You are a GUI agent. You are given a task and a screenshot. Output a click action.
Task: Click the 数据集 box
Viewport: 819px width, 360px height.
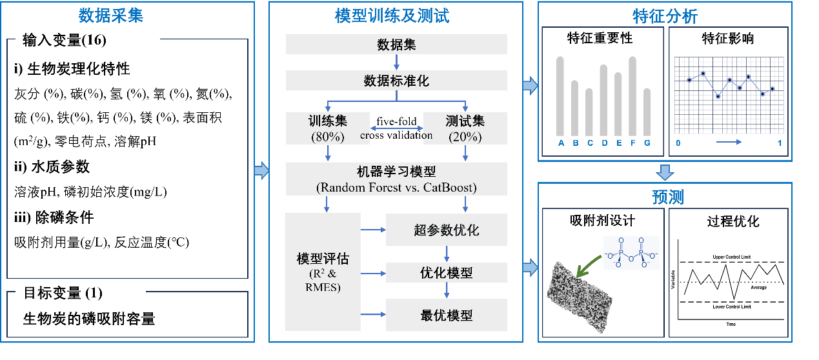pos(396,45)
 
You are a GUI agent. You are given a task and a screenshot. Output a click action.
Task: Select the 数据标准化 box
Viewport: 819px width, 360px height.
pos(396,81)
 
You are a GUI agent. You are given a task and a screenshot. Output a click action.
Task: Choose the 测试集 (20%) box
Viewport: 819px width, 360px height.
pos(465,128)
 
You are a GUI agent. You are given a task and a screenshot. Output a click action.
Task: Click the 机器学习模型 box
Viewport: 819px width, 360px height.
pos(396,179)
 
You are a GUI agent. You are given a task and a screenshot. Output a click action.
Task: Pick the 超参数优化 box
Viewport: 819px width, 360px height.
pos(447,230)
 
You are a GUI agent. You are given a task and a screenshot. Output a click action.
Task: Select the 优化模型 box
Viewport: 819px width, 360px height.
pos(447,273)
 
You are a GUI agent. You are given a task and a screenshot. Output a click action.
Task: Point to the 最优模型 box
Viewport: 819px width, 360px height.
pos(447,315)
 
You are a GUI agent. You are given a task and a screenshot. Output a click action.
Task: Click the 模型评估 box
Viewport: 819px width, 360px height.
pos(323,272)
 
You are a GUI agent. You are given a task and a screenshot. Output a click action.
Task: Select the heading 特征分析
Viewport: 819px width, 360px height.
pos(665,16)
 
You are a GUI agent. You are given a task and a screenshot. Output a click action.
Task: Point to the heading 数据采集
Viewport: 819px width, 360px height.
pos(111,15)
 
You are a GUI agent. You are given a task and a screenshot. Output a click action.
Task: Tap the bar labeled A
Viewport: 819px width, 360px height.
pos(560,97)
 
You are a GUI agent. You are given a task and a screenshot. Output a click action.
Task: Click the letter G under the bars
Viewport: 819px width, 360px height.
pos(647,143)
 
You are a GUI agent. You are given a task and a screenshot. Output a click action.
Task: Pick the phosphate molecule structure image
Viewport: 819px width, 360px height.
pos(631,252)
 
